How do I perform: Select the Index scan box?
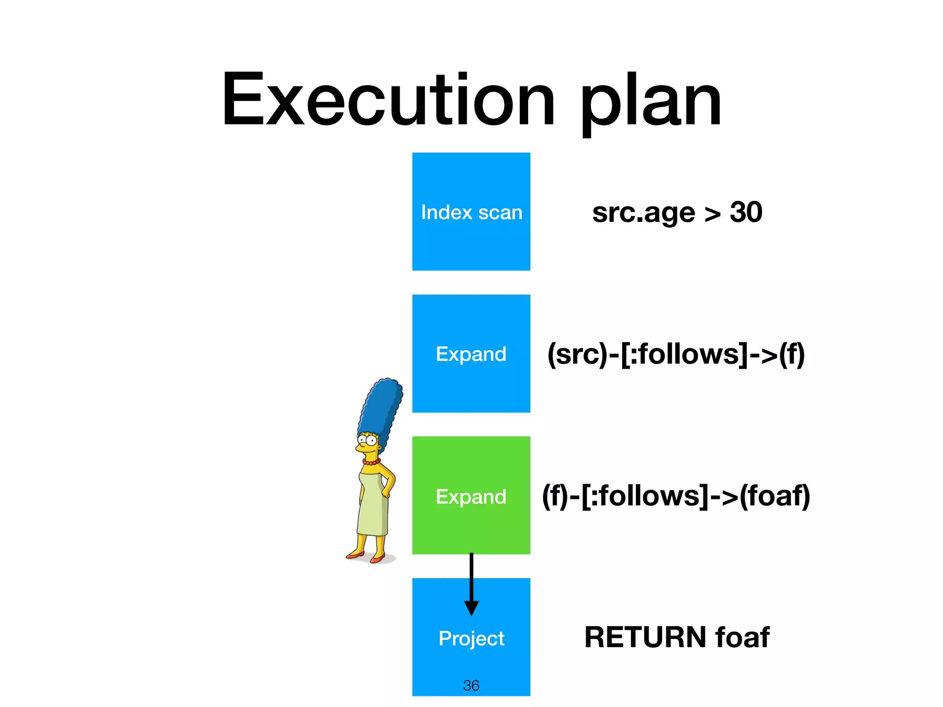pos(471,212)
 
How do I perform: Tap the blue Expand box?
pos(471,353)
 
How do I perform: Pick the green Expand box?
pos(471,496)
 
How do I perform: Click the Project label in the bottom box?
pos(471,638)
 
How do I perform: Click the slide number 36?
pos(471,685)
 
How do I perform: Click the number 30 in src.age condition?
pos(746,212)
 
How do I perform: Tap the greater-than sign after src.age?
pos(712,214)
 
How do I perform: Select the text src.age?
pos(643,213)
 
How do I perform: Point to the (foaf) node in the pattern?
pos(774,496)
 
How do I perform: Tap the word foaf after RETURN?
pos(742,637)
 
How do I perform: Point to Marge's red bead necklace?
pos(371,462)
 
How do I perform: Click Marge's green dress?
pos(373,506)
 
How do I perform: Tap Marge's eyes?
pos(367,440)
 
